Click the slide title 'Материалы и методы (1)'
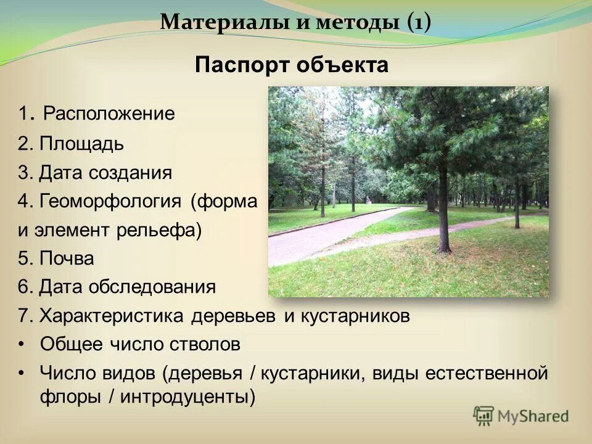295,23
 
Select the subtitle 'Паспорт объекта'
292,65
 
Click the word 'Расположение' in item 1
109,114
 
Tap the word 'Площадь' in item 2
82,144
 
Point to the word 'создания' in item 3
131,173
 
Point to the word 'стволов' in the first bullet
210,344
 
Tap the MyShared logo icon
483,416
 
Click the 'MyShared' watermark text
533,416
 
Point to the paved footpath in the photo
321,237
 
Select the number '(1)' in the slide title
418,23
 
